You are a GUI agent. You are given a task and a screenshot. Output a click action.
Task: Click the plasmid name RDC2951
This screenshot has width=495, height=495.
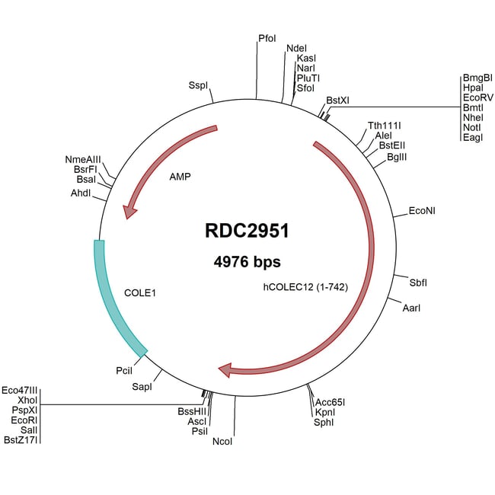pyautogui.click(x=247, y=229)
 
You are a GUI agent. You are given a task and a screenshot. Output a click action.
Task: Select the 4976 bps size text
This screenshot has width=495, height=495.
pyautogui.click(x=247, y=262)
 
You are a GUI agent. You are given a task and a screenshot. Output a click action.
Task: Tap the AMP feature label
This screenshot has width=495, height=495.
pyautogui.click(x=180, y=176)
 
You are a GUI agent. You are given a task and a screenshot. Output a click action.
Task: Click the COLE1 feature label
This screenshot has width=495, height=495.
pyautogui.click(x=139, y=292)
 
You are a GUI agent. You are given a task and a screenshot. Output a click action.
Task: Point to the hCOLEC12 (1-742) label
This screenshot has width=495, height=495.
pyautogui.click(x=305, y=287)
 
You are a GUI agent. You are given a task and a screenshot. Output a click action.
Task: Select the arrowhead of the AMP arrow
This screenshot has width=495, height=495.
pyautogui.click(x=130, y=209)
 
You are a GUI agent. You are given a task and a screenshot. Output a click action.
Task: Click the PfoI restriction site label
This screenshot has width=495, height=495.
pyautogui.click(x=267, y=37)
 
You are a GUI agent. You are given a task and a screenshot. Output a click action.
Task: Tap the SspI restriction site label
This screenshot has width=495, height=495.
pyautogui.click(x=198, y=86)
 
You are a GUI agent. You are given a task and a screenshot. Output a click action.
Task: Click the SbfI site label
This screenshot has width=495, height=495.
pyautogui.click(x=418, y=282)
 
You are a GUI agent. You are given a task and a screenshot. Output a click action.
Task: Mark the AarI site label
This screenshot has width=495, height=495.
pyautogui.click(x=411, y=308)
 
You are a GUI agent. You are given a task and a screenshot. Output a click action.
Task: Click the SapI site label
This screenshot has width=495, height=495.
pyautogui.click(x=142, y=387)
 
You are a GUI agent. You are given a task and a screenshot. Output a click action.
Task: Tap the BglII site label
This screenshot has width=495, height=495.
pyautogui.click(x=398, y=156)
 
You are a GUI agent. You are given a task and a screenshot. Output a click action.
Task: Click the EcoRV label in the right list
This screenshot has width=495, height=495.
pyautogui.click(x=477, y=97)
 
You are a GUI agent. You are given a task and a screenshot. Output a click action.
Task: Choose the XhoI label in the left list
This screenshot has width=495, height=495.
pyautogui.click(x=27, y=399)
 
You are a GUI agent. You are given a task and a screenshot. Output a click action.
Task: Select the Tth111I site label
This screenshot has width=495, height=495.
pyautogui.click(x=385, y=125)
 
